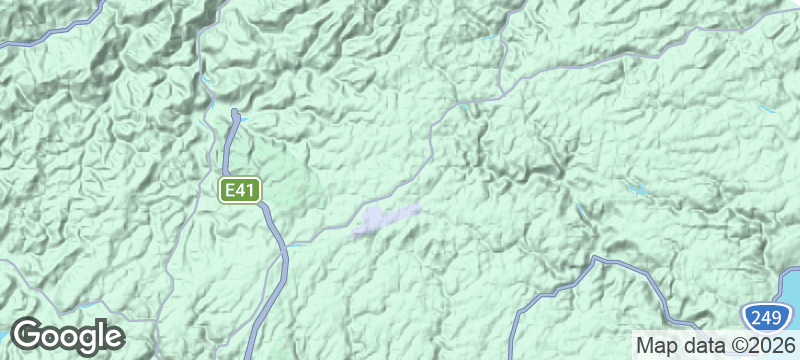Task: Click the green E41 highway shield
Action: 241,190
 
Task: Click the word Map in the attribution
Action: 657,345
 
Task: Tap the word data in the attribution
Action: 700,345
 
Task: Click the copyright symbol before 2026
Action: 732,345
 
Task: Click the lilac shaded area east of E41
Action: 385,219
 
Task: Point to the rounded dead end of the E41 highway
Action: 235,113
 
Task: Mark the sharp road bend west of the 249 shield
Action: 596,260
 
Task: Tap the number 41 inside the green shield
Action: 246,190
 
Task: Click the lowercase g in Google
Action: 83,340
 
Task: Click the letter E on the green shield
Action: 231,190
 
